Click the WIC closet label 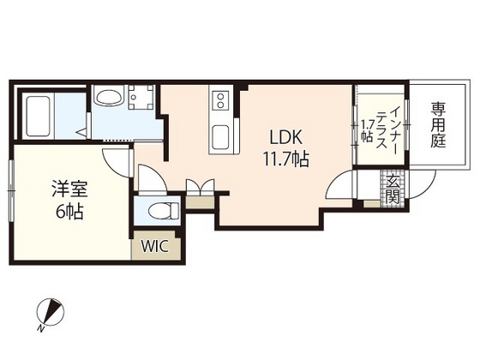pos(154,246)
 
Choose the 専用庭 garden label pos(439,125)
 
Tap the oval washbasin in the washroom pos(109,100)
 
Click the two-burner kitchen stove pos(219,101)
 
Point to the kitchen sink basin pos(219,135)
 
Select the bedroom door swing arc pos(114,159)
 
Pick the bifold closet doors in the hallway pos(199,187)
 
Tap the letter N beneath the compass pos(41,327)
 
